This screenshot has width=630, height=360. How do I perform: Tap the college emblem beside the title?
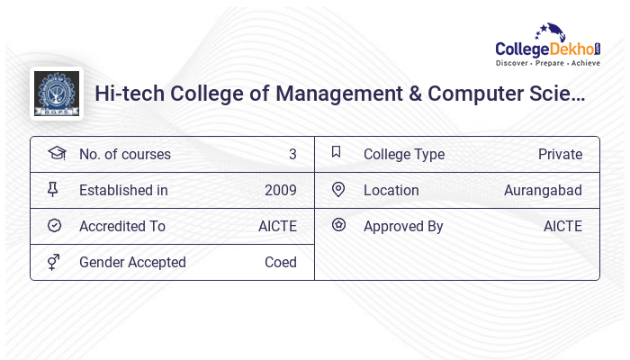click(56, 94)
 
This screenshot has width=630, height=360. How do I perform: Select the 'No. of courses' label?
click(124, 154)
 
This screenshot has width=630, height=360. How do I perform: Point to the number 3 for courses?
click(292, 154)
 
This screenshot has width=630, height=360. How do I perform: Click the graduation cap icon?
click(55, 153)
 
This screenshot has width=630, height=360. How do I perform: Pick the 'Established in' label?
click(123, 190)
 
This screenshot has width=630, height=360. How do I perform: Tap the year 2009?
click(280, 190)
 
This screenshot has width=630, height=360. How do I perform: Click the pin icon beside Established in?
click(53, 189)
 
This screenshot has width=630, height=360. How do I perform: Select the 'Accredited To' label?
click(122, 226)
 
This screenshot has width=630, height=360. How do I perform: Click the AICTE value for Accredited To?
click(277, 226)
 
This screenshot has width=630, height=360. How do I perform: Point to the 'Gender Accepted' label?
click(132, 262)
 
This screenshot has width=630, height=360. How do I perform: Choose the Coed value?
click(280, 262)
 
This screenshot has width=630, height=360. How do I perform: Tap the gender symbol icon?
click(54, 262)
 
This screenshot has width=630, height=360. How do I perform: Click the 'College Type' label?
click(403, 154)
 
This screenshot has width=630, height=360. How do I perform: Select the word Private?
click(560, 154)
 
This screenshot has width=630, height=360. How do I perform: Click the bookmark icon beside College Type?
click(337, 152)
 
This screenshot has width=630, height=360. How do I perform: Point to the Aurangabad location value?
click(543, 190)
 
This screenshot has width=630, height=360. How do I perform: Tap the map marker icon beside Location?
click(337, 189)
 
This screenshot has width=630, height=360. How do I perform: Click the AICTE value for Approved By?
click(562, 226)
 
